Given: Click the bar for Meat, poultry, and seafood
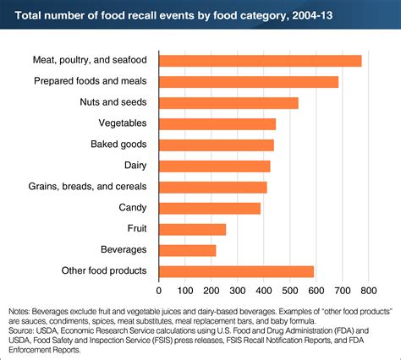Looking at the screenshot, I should coord(261,60).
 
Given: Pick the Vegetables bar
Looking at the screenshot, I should coord(217,123).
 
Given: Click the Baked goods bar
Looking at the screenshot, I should coord(217,145).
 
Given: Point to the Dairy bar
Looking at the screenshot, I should coord(215,166).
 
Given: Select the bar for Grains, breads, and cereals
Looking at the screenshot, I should coord(213,187).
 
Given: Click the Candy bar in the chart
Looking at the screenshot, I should coord(210,208).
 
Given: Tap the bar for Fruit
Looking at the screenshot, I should coord(193,229).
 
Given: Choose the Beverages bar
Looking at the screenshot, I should coord(188,250).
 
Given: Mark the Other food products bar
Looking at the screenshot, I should coord(237,271).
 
